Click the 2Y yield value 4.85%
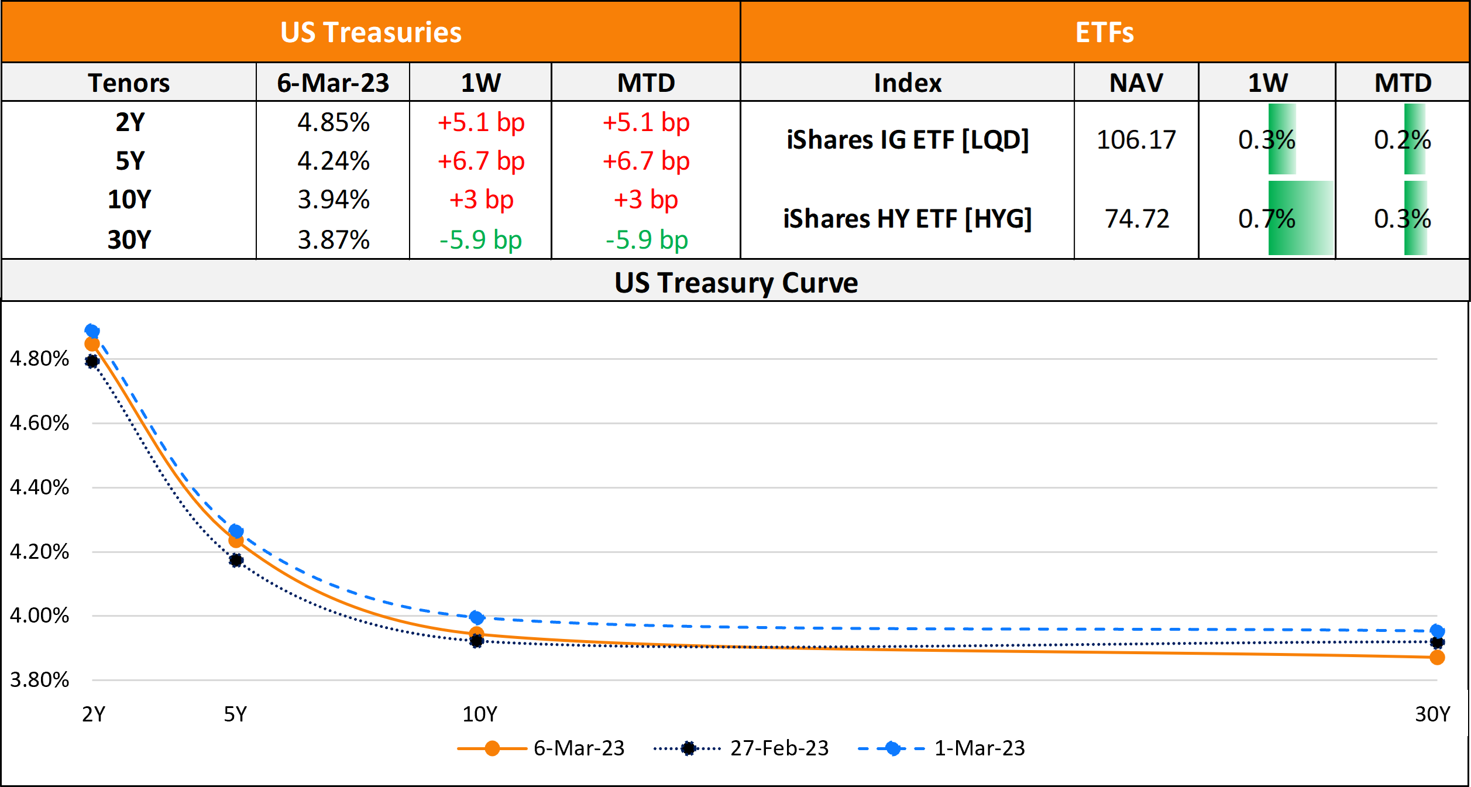tap(334, 123)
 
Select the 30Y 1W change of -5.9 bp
tap(480, 240)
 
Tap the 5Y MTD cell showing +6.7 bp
tap(646, 161)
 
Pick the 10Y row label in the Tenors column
tap(129, 200)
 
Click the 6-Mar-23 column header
tap(333, 83)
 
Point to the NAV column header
tap(1136, 83)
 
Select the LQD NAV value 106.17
tap(1136, 140)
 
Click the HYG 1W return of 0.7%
tap(1267, 219)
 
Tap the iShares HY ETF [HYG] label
tap(908, 219)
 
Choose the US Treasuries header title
tap(371, 32)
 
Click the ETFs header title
tap(1105, 32)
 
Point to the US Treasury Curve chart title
tap(736, 283)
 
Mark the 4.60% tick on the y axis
tap(39, 423)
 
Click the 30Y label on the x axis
tap(1432, 714)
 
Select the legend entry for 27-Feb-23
tap(778, 748)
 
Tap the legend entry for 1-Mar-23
tap(978, 748)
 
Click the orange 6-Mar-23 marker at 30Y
tap(1437, 658)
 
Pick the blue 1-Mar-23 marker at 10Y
tap(477, 617)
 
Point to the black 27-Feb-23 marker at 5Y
tap(236, 561)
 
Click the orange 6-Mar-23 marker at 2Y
tap(92, 344)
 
